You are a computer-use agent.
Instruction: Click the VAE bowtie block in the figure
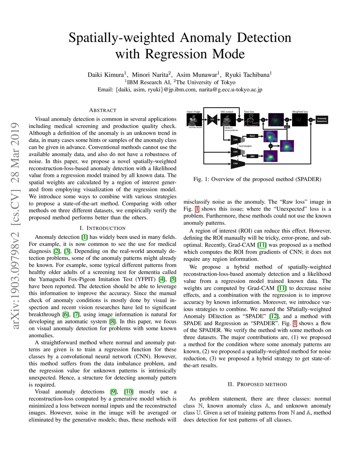pyautogui.click(x=212, y=120)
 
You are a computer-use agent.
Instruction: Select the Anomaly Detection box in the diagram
pyautogui.click(x=322, y=120)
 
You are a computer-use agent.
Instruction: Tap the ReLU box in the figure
pyautogui.click(x=252, y=136)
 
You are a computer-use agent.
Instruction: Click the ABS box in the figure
pyautogui.click(x=252, y=156)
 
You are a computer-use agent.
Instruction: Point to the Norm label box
pyautogui.click(x=287, y=127)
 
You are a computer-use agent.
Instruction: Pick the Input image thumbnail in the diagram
pyautogui.click(x=194, y=120)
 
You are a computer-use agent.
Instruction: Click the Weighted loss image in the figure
pyautogui.click(x=299, y=120)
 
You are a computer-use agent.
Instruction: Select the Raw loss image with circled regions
pyautogui.click(x=251, y=120)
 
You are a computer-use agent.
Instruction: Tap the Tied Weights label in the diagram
pyautogui.click(x=245, y=146)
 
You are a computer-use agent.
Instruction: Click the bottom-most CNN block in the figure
pyautogui.click(x=236, y=163)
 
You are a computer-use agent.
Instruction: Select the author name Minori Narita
pyautogui.click(x=150, y=75)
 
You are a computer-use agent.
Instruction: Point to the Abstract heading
pyautogui.click(x=103, y=110)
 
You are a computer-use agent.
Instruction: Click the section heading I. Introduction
pyautogui.click(x=103, y=228)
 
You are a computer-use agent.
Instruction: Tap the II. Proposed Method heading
pyautogui.click(x=257, y=384)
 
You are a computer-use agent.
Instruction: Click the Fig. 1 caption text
pyautogui.click(x=257, y=179)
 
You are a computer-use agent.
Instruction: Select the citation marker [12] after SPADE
pyautogui.click(x=274, y=316)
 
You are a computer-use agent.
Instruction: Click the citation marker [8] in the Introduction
pyautogui.click(x=112, y=321)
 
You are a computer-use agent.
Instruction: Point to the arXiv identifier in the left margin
pyautogui.click(x=15, y=225)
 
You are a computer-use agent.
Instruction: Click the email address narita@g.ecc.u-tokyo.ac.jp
pyautogui.click(x=231, y=90)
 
